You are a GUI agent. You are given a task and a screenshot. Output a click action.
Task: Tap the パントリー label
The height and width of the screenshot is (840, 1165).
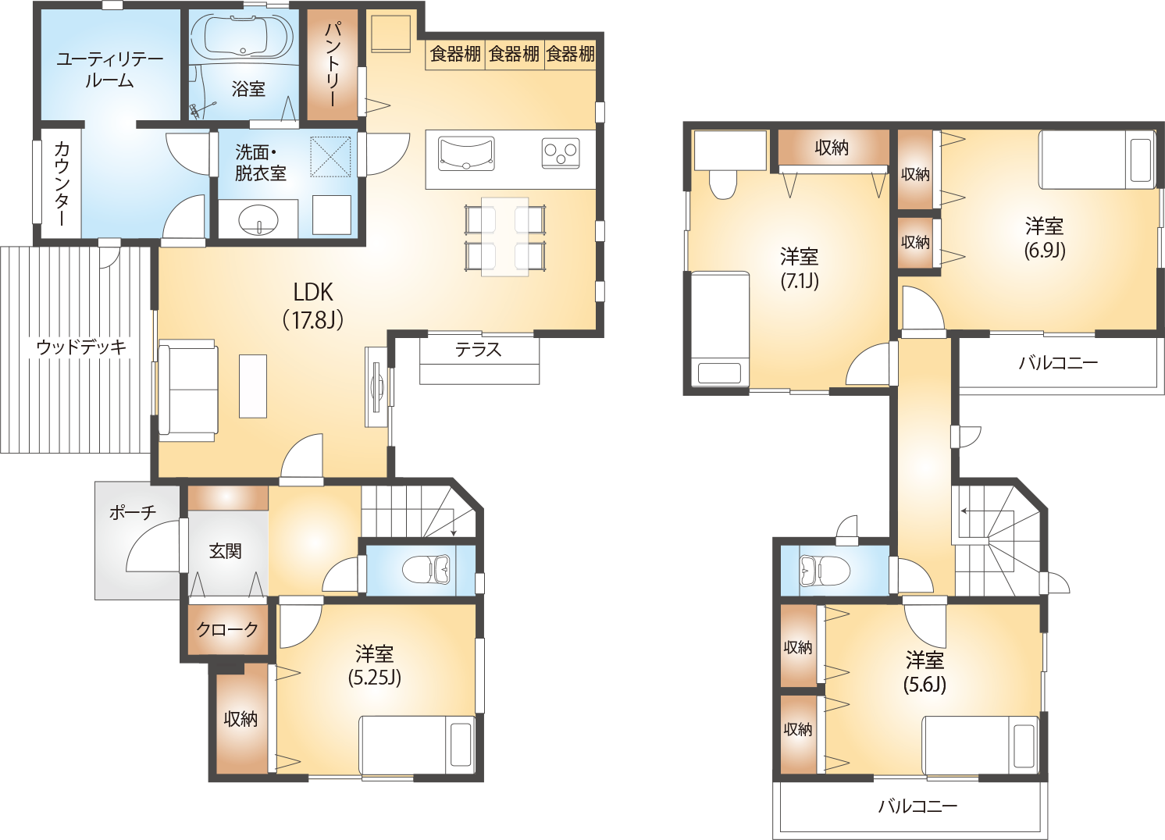[x=332, y=64]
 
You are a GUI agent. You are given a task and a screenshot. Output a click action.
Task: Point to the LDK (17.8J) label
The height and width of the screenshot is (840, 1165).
[x=312, y=305]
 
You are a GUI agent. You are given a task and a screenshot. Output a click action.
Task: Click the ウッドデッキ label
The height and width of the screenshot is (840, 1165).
[x=80, y=347]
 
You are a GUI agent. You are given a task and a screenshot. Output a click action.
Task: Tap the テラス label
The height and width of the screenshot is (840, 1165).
[x=478, y=350]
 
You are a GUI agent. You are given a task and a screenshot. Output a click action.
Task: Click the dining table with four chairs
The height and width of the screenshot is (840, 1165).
[x=504, y=237]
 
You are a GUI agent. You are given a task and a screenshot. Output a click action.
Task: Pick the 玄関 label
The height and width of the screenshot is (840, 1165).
[x=225, y=551]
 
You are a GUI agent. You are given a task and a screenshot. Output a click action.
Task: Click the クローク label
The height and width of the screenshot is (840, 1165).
[x=227, y=629]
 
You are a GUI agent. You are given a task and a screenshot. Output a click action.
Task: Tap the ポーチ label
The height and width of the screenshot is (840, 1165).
[x=132, y=513]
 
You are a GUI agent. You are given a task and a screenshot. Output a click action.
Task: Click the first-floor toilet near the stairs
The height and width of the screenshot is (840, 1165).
[x=427, y=570]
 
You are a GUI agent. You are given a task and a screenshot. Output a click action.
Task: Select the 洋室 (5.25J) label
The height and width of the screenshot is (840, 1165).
[x=375, y=665]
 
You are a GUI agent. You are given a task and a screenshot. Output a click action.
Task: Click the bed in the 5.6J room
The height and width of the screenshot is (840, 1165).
[x=981, y=746]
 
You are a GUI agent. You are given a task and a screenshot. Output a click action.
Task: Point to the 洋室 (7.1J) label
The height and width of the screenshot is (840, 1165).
[x=800, y=268]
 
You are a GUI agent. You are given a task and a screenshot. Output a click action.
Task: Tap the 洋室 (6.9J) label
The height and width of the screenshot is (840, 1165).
[x=1045, y=238]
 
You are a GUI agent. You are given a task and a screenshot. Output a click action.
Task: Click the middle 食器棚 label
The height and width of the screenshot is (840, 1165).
[x=514, y=54]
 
